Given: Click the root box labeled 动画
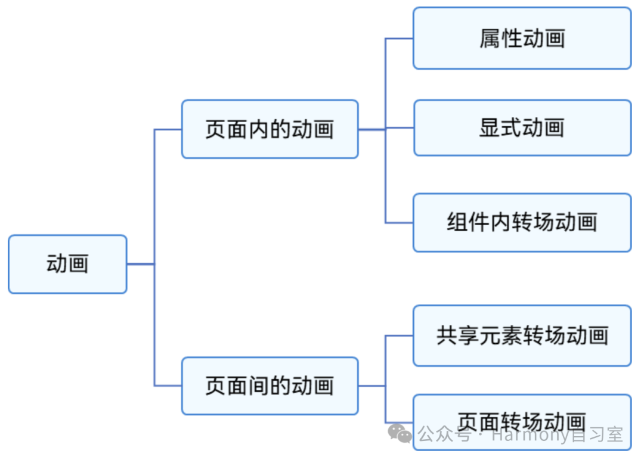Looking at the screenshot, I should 67,264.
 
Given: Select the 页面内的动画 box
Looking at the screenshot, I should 270,129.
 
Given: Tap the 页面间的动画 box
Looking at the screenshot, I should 270,386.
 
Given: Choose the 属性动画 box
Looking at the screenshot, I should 522,38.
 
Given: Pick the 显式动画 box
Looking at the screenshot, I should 522,128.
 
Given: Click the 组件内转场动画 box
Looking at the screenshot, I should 522,222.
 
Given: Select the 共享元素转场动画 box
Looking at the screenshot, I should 522,335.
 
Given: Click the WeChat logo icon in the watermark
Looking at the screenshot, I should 400,434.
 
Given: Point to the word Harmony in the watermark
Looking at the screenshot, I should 531,436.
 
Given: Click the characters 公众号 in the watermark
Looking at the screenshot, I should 444,435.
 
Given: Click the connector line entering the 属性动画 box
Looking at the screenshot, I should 400,39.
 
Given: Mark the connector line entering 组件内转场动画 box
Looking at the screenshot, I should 400,223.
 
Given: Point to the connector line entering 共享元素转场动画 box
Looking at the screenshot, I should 400,335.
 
